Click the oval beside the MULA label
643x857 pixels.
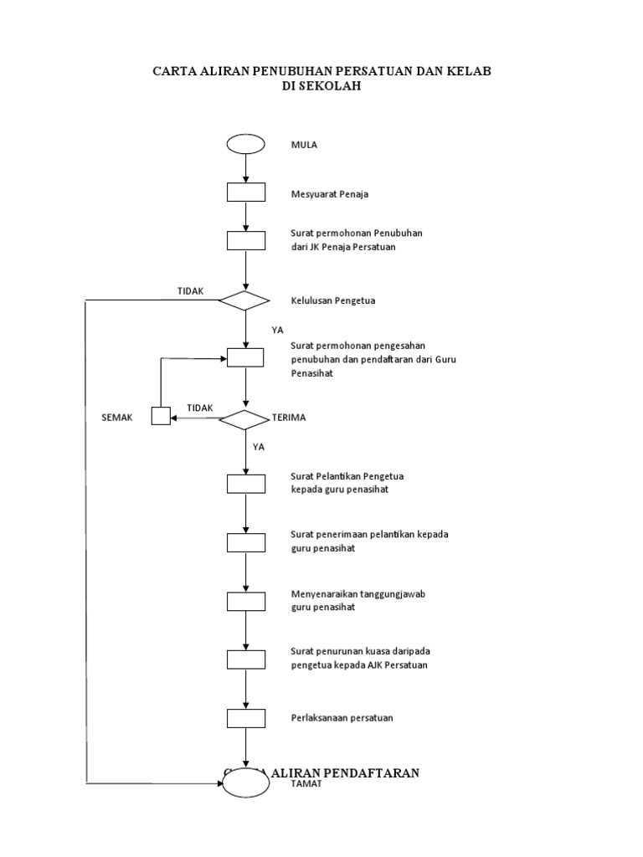(245, 144)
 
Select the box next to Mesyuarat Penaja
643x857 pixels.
(245, 193)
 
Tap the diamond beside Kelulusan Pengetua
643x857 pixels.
(244, 300)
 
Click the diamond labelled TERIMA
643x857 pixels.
(244, 418)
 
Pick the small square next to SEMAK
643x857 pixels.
(161, 416)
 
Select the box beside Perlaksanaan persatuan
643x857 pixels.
(245, 718)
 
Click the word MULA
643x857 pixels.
(304, 145)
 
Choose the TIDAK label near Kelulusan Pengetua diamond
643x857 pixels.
(191, 290)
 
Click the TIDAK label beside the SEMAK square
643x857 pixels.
(200, 408)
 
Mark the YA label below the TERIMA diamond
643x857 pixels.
(259, 447)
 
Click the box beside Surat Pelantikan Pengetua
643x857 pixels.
(245, 483)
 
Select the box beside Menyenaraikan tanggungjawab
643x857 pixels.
(245, 601)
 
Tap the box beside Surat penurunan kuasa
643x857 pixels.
(245, 659)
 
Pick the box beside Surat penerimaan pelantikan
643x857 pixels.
(245, 541)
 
